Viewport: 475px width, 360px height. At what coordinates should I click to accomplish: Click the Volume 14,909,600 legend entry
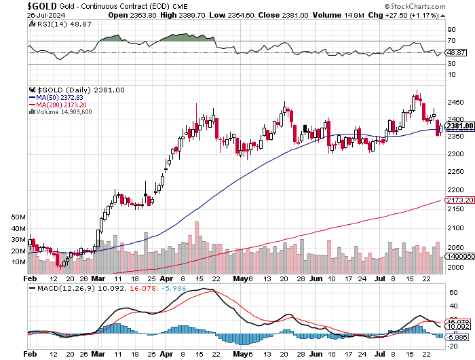click(63, 112)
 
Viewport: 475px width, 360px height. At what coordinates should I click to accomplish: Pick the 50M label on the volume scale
click(18, 217)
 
